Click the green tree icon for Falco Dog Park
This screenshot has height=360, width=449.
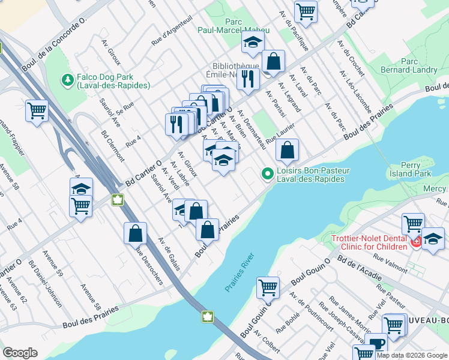tap(67, 79)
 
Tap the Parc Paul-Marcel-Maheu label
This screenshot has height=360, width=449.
tap(234, 26)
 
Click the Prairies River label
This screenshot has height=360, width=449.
tap(240, 273)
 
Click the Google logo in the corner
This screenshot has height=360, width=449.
tap(20, 353)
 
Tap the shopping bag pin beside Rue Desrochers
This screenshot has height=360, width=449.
tap(135, 233)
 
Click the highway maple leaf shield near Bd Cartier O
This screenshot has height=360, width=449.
tap(118, 199)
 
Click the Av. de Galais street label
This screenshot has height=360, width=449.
tap(169, 253)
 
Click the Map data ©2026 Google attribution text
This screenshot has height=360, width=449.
tap(412, 355)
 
